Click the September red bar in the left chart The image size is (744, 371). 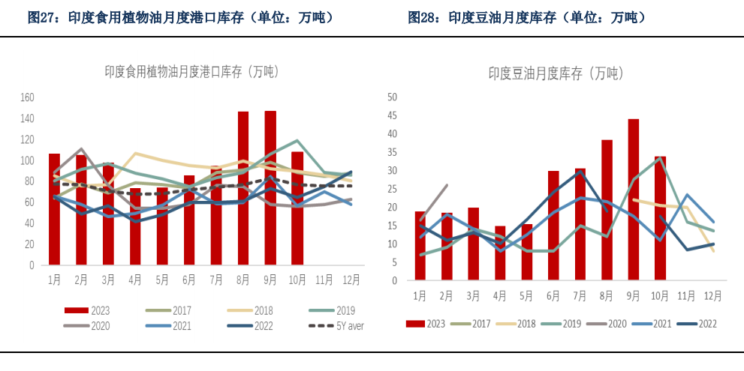click(x=270, y=187)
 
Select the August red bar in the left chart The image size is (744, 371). click(x=243, y=187)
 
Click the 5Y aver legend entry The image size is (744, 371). click(x=336, y=326)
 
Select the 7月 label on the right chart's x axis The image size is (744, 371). click(x=580, y=295)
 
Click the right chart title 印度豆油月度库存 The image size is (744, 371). click(x=556, y=73)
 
